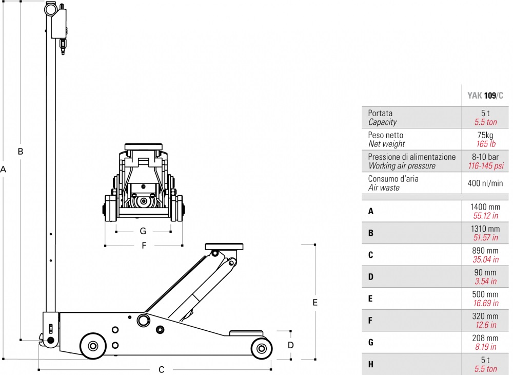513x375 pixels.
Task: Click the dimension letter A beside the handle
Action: pos(3,170)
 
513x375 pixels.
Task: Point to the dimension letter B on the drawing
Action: pos(21,152)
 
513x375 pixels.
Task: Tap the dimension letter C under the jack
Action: pos(161,370)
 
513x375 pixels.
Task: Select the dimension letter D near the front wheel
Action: pos(290,345)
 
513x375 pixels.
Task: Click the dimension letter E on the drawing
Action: pos(315,302)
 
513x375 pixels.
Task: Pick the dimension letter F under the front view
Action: pos(144,246)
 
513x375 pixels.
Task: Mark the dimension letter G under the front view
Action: pos(143,231)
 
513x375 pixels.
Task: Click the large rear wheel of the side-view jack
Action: pos(93,346)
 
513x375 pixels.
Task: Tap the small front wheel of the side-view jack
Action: pos(262,348)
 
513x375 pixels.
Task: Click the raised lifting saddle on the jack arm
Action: pos(224,247)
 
